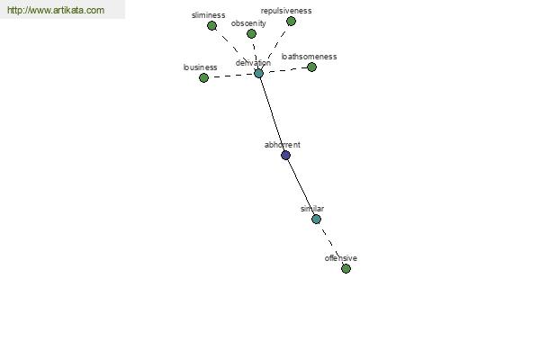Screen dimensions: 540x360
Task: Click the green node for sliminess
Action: pos(211,26)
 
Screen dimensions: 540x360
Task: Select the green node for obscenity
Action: pos(251,34)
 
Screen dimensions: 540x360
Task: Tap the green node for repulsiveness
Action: pos(291,22)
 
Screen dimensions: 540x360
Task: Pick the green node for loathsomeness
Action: pos(311,67)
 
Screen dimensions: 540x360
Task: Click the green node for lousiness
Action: pos(203,78)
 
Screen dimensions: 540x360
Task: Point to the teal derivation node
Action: pos(258,74)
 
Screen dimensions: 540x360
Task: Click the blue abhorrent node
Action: pos(285,156)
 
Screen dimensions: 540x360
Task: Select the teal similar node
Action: pos(316,219)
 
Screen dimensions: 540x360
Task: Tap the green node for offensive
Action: pos(346,269)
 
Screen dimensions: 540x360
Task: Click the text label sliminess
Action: pos(209,15)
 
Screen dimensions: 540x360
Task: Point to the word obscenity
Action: pos(248,23)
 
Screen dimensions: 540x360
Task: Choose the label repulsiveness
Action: pos(286,11)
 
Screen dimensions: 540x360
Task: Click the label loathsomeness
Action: pos(309,57)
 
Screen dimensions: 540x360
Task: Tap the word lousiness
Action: pos(200,67)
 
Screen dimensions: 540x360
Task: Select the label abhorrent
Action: pos(283,145)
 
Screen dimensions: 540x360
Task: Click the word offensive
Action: pos(340,258)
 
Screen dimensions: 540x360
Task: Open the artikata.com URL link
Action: pos(56,10)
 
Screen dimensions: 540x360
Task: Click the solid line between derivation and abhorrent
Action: pos(272,114)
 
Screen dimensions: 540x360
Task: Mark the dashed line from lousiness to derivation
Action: pos(231,76)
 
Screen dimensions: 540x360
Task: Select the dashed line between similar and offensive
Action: pos(331,244)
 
